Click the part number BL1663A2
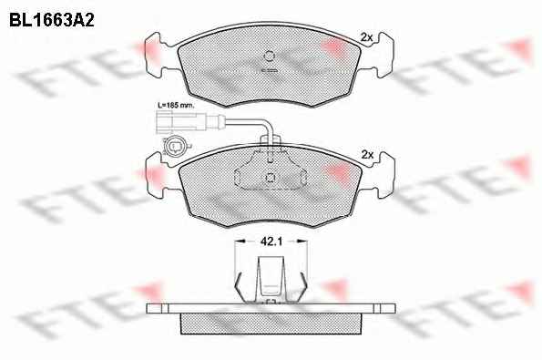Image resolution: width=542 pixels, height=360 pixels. (x=52, y=20)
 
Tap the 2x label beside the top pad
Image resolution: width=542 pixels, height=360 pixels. (x=366, y=37)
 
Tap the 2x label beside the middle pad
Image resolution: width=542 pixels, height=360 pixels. (x=367, y=155)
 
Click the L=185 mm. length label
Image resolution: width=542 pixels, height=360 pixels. (x=176, y=105)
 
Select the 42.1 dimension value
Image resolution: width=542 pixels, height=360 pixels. (x=271, y=242)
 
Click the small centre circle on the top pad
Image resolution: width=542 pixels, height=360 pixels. (x=269, y=56)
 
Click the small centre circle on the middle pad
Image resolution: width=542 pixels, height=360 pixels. (x=270, y=178)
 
